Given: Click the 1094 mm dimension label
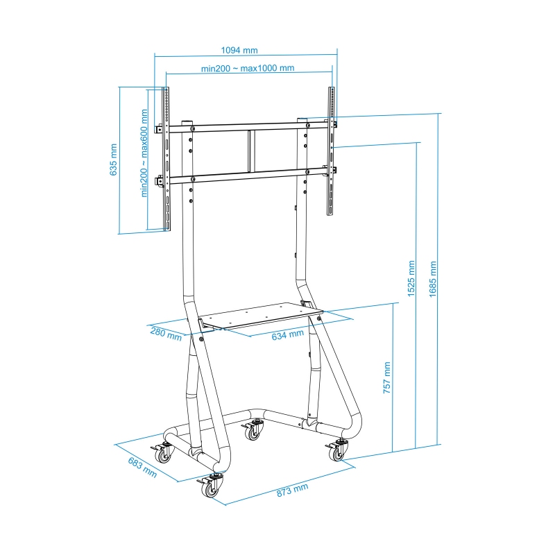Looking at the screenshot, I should [x=239, y=50].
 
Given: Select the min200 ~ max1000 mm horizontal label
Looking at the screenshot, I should [x=248, y=68].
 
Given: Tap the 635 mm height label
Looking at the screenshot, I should [x=114, y=160].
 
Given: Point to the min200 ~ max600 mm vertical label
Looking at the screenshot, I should [x=145, y=153].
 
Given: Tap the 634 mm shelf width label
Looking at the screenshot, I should [x=287, y=334].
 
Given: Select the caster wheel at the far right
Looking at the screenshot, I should [x=337, y=452].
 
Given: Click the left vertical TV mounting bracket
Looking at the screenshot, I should [x=166, y=160].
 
